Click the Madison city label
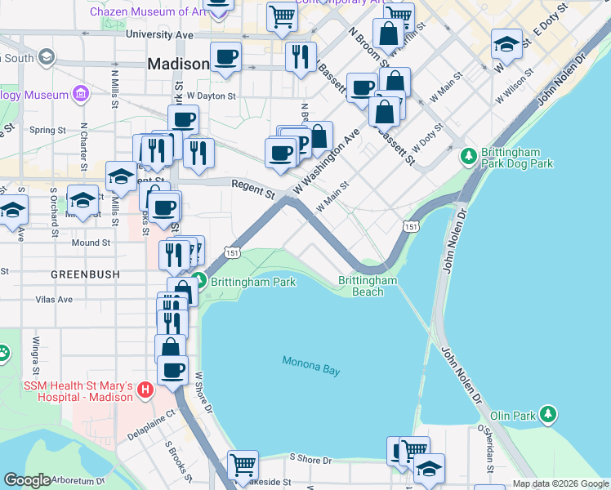pyautogui.click(x=178, y=64)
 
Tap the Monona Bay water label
pyautogui.click(x=310, y=365)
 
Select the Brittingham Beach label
pyautogui.click(x=368, y=286)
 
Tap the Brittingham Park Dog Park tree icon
pyautogui.click(x=469, y=155)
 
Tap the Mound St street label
pyautogui.click(x=91, y=243)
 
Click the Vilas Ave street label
pyautogui.click(x=55, y=300)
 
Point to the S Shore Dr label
pyautogui.click(x=310, y=460)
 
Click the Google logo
pyautogui.click(x=27, y=480)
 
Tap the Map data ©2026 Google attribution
pyautogui.click(x=560, y=483)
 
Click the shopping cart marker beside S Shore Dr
pyautogui.click(x=243, y=465)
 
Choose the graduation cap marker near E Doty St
pyautogui.click(x=506, y=44)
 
